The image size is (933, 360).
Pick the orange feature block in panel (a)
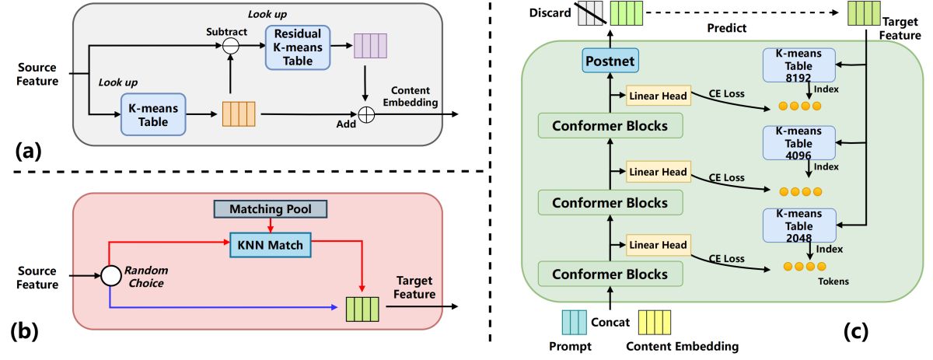pos(239,114)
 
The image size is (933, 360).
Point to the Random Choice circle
pos(111,274)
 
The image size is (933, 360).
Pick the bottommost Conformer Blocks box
pos(610,274)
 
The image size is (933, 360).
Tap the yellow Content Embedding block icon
pos(654,322)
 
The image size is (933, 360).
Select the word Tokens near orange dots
pos(833,281)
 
